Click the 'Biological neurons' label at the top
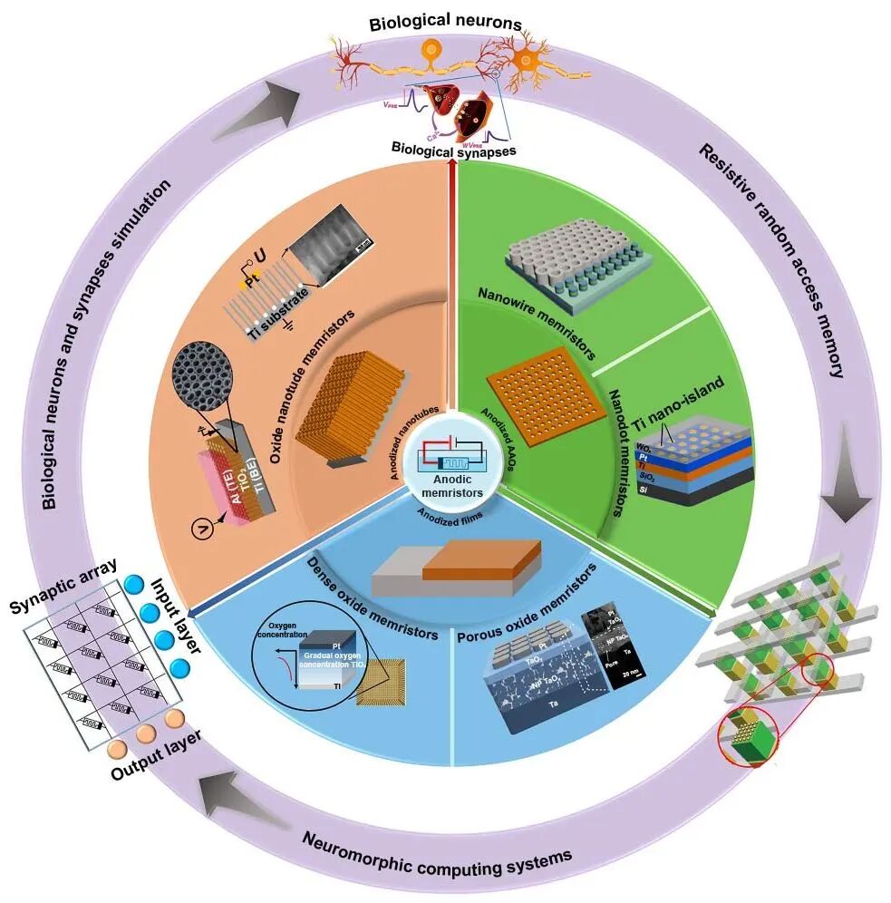[x=446, y=23]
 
